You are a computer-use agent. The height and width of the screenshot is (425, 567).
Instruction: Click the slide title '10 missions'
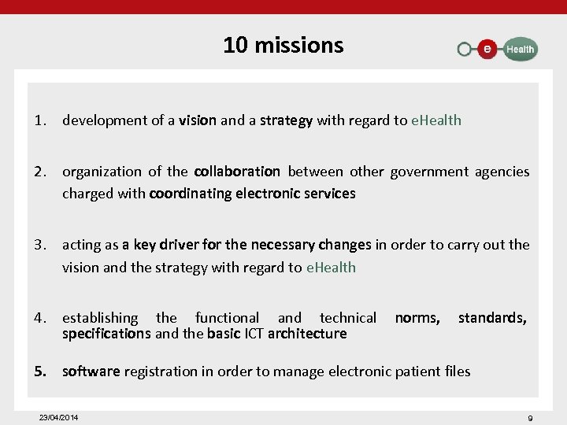[x=283, y=45]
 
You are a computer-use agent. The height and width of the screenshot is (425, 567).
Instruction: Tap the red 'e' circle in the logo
[x=487, y=49]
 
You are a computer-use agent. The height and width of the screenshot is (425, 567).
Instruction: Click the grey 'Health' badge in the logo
[x=520, y=49]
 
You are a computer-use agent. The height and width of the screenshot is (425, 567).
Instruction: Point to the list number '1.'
[x=41, y=120]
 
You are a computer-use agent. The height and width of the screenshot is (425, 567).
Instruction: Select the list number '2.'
[x=41, y=172]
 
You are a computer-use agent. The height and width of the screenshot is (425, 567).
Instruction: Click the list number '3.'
[x=41, y=245]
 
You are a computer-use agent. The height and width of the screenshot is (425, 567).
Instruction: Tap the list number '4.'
[x=41, y=318]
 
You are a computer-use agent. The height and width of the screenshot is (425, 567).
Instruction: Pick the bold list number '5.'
[x=41, y=371]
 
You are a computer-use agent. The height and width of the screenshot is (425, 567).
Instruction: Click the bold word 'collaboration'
[x=237, y=172]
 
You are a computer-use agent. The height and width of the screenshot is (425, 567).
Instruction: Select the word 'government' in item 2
[x=428, y=172]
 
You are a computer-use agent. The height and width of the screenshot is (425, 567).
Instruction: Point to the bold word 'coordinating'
[x=190, y=193]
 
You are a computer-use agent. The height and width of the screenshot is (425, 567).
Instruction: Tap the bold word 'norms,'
[x=417, y=318]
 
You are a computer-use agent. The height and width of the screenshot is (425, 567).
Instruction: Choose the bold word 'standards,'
[x=492, y=318]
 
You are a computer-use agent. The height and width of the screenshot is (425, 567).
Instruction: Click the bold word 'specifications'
[x=106, y=334]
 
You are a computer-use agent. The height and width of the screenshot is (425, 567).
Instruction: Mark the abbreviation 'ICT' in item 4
[x=253, y=334]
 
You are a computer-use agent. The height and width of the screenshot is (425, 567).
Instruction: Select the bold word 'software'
[x=91, y=371]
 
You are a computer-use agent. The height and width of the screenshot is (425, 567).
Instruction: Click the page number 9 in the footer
[x=530, y=418]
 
